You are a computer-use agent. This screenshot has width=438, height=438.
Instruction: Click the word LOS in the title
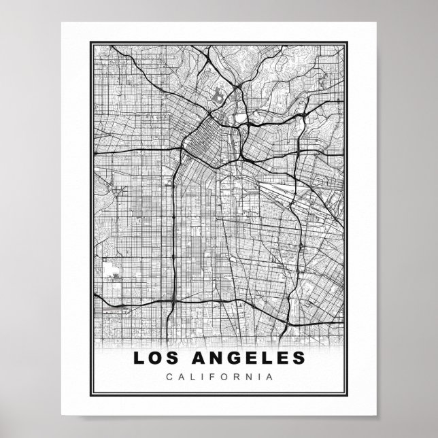click(x=155, y=357)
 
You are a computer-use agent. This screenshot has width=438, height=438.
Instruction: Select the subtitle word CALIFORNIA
click(x=219, y=376)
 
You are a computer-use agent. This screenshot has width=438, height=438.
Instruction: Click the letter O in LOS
click(x=154, y=357)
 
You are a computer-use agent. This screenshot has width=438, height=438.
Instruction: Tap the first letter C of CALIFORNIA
click(x=169, y=376)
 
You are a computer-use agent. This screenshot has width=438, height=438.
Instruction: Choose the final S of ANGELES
click(x=299, y=357)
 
